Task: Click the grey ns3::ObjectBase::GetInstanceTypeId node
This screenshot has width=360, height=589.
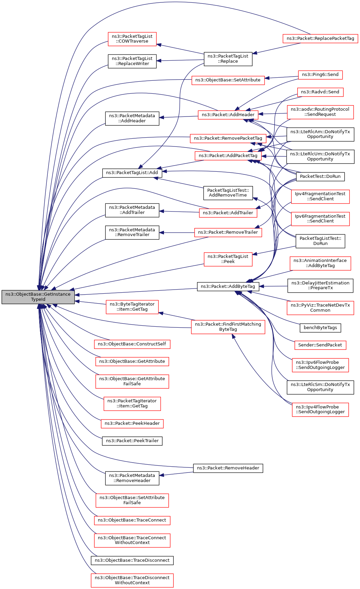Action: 38,297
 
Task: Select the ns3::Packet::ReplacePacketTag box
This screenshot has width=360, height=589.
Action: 320,38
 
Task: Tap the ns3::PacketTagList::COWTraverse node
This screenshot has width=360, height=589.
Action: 132,39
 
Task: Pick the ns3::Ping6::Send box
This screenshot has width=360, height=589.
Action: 320,75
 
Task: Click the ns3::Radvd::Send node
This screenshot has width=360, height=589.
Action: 320,92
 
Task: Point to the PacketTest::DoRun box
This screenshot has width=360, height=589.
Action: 320,176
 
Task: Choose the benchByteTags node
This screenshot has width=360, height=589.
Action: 320,328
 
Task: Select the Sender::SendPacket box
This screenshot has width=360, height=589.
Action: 320,345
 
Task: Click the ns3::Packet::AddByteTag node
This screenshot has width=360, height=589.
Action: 228,286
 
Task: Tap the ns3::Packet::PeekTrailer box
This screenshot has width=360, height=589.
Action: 132,441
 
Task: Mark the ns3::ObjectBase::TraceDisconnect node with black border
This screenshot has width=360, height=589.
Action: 132,560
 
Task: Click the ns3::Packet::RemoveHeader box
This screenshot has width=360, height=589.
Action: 228,468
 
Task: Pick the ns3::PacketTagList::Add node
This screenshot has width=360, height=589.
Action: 132,173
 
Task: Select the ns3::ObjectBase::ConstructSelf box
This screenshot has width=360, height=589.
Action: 132,344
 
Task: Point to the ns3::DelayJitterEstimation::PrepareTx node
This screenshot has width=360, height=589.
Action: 320,285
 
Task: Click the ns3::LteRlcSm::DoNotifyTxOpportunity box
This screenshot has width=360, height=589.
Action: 320,387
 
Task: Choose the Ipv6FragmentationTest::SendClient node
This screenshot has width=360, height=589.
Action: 320,219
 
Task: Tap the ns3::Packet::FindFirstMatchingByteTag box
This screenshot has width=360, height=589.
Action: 228,327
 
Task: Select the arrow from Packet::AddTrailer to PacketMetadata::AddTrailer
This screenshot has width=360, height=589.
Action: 179,212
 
